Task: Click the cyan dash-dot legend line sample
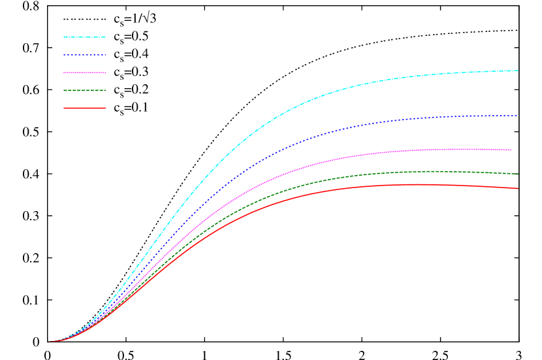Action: point(84,37)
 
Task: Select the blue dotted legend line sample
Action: point(84,55)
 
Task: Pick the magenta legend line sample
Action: point(84,73)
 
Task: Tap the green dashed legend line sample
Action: point(84,90)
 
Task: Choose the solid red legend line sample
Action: point(84,108)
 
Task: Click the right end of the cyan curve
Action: point(518,70)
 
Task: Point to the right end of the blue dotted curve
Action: point(517,116)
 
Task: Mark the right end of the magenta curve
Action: point(512,150)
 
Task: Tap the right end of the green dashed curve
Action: point(518,174)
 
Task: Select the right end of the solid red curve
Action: point(518,189)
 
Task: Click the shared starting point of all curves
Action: point(48,342)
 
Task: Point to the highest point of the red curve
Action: point(415,184)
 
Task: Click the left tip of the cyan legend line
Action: point(64,37)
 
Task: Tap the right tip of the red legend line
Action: point(105,108)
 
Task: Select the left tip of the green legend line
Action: point(64,90)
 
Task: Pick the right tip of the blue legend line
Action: point(105,55)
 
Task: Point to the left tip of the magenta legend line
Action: point(64,73)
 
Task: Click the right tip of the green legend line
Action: point(105,90)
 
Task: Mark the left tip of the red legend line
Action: point(64,108)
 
